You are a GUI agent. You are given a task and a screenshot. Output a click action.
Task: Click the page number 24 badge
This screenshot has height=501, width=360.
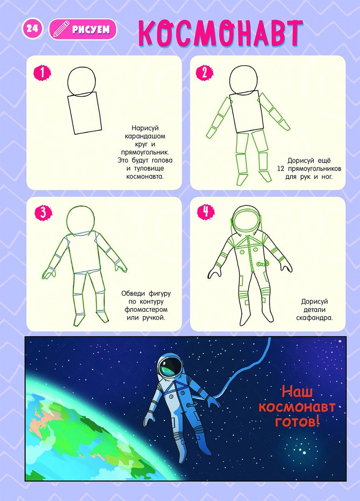[32, 29]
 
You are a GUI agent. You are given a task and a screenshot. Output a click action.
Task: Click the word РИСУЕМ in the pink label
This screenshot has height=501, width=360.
[91, 30]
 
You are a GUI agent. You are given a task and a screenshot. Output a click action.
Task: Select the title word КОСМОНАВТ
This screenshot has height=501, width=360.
[221, 33]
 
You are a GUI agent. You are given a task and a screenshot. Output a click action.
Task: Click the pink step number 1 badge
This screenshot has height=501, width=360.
[42, 73]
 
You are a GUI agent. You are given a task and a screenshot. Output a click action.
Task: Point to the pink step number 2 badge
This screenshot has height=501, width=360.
[205, 73]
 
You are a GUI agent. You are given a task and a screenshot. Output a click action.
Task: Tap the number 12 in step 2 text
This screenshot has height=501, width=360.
[281, 168]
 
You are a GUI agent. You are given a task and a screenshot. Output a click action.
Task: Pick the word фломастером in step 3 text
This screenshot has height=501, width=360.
[146, 310]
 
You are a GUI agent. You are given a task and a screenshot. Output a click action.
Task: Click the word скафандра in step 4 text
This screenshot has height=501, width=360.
[314, 318]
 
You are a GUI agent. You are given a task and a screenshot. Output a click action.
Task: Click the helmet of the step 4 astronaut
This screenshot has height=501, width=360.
[246, 220]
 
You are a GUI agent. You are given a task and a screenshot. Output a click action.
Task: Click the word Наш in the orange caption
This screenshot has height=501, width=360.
[297, 392]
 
